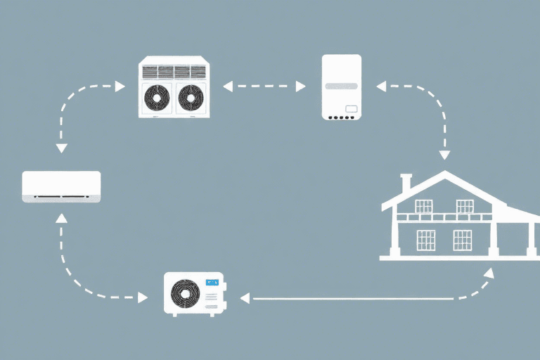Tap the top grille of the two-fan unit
[173, 71]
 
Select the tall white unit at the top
[341, 86]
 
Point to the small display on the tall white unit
[352, 109]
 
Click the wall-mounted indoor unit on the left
[61, 186]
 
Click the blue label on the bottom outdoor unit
[212, 283]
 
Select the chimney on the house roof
[406, 182]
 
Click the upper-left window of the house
[423, 206]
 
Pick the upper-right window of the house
[464, 206]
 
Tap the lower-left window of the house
[425, 240]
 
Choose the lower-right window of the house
[462, 240]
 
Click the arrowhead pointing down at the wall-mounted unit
[61, 148]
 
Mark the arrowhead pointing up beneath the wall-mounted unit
[61, 219]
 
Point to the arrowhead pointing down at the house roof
[444, 155]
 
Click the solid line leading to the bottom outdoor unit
[352, 298]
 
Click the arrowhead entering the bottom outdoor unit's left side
[143, 298]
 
